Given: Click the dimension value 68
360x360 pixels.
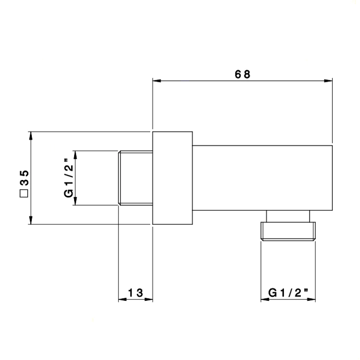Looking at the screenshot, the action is click(242, 75).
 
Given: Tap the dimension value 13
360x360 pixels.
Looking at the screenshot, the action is click(135, 293).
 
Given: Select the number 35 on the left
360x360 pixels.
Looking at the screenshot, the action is click(24, 177).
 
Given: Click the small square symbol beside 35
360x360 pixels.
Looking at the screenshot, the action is click(24, 193).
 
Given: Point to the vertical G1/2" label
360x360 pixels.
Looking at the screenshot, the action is click(69, 178).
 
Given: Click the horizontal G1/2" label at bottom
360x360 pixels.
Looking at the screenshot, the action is click(288, 293).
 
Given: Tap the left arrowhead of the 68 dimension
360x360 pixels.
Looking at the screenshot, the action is click(156, 81).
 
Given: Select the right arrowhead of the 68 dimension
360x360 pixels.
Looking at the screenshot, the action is click(328, 81).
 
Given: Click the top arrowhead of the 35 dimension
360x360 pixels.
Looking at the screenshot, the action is click(31, 136).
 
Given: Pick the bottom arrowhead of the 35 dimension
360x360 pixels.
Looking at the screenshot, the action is click(31, 220).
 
